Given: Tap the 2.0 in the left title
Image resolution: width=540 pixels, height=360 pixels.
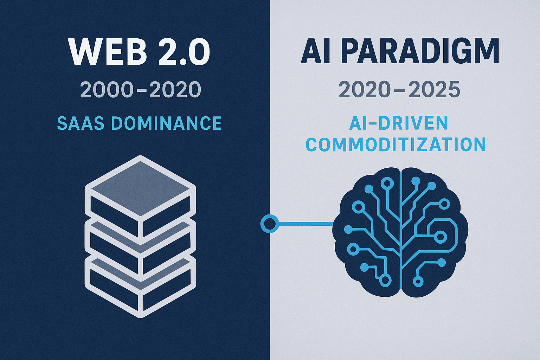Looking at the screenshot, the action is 184,52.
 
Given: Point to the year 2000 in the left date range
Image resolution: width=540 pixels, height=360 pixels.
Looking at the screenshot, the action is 106,89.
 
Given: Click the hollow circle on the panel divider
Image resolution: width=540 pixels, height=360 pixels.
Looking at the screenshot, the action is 270,224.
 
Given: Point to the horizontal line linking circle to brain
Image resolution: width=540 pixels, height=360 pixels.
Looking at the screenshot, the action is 306,224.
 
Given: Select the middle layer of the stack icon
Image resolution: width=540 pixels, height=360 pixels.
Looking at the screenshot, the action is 141,248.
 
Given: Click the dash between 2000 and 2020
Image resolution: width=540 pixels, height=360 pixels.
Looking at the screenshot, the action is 141,90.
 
